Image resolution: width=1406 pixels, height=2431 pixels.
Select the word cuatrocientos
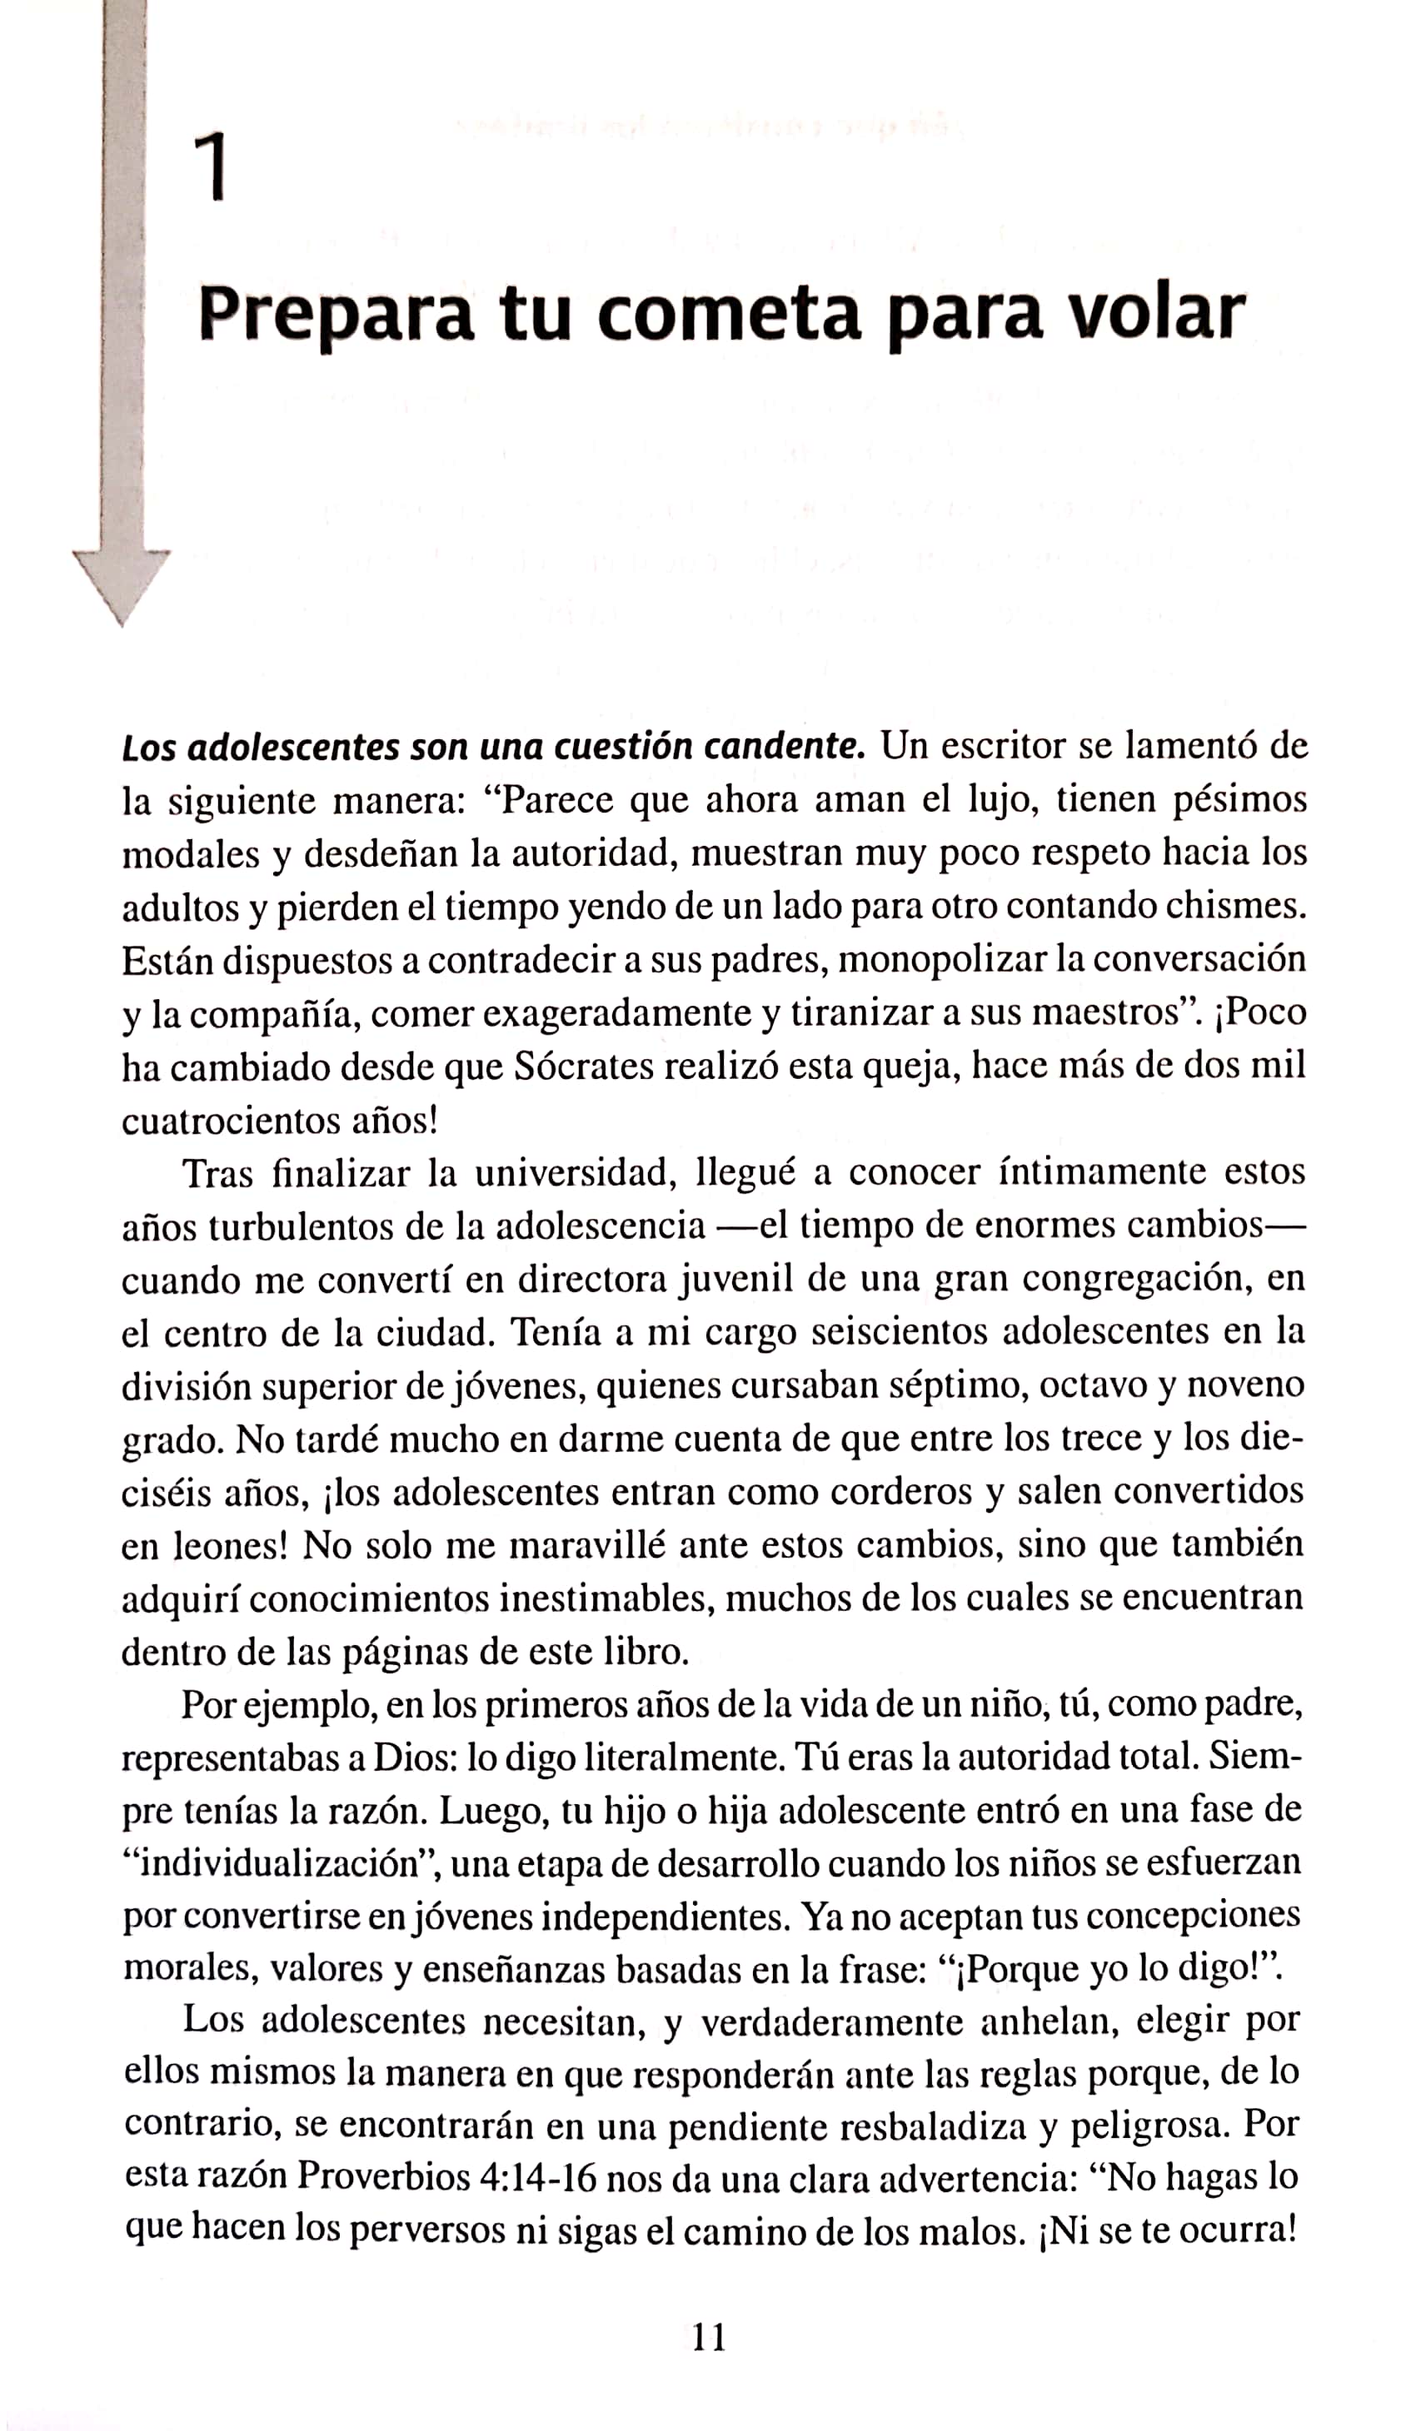point(223,1120)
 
